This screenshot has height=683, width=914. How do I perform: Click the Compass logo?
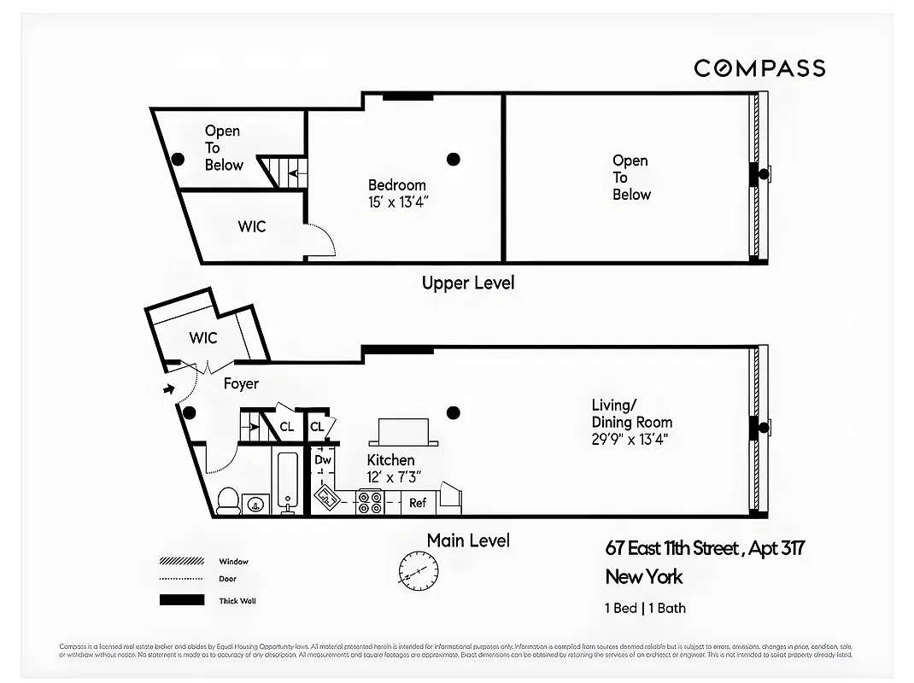759,68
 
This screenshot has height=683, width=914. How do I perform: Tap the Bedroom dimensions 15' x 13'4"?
397,201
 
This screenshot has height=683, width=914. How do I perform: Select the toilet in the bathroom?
227,501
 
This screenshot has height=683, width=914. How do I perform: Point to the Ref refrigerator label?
418,503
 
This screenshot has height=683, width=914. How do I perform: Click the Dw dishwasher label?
323,460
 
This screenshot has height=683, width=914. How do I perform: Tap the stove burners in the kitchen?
369,503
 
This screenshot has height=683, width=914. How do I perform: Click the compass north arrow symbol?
419,567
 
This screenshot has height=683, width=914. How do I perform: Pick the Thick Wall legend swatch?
181,600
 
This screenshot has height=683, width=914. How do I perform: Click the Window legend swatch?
181,562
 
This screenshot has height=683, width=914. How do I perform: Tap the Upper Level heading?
468,283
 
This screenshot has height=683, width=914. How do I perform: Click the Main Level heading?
468,540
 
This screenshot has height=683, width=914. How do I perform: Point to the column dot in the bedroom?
454,159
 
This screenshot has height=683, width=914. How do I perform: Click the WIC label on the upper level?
252,226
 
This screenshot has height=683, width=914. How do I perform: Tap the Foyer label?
241,384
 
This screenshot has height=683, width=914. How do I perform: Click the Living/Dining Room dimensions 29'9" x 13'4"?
630,440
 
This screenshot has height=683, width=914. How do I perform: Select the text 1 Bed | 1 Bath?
645,608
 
